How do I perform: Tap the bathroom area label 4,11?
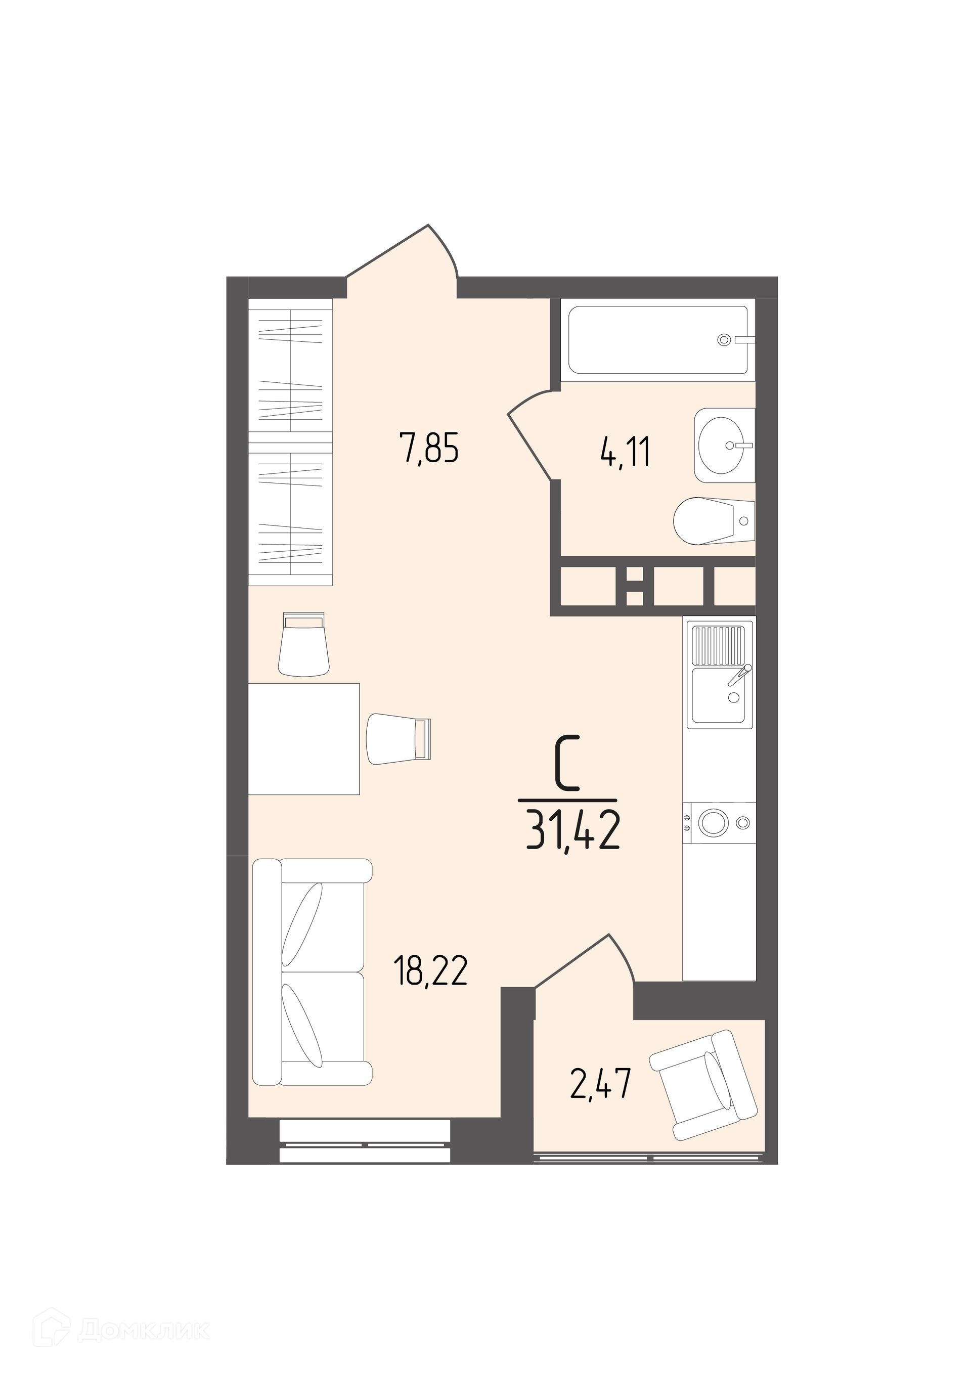625,453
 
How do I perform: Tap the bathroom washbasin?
725,445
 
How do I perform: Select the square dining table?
304,739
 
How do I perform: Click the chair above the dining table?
304,644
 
